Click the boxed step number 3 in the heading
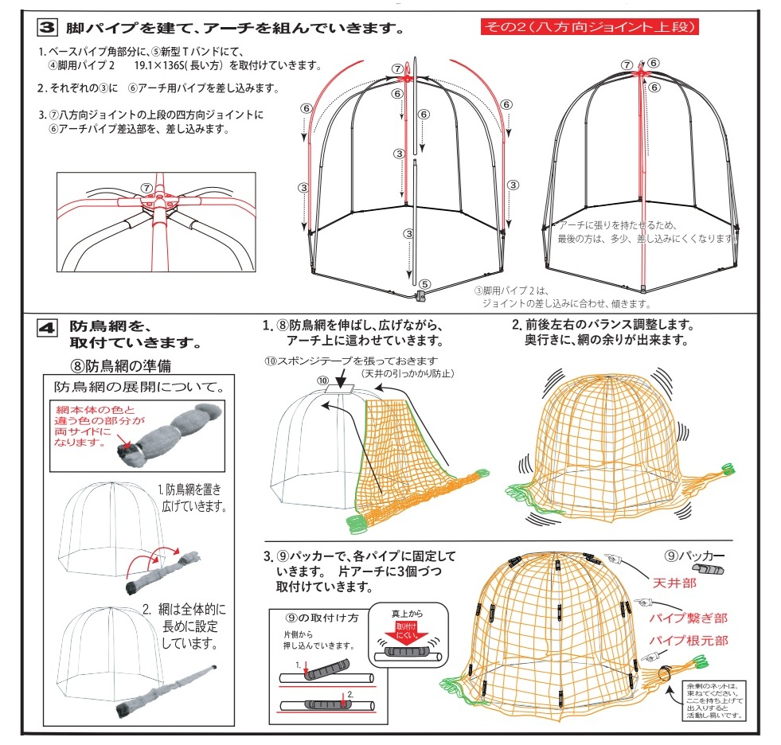point(47,28)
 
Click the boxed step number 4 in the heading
point(47,326)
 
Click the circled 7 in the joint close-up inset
point(146,188)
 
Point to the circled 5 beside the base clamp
point(425,283)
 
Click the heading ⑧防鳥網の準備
point(120,366)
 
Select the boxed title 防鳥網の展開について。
point(138,388)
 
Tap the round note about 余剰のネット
point(715,698)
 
